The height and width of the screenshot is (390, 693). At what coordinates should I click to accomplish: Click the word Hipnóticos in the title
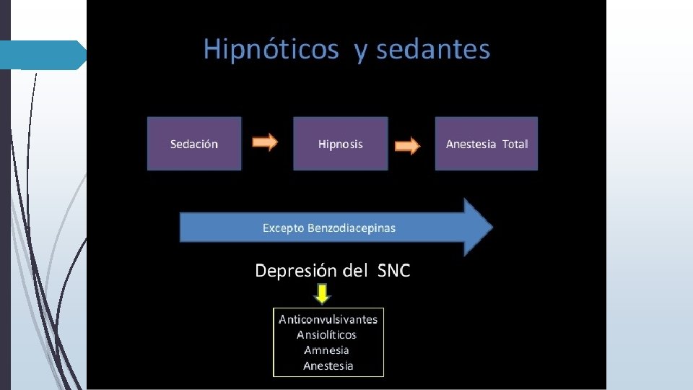[x=271, y=50]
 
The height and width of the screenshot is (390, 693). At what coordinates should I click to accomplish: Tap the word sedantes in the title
[x=433, y=50]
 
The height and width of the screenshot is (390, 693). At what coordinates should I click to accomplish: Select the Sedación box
[x=194, y=144]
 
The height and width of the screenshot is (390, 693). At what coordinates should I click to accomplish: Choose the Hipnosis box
[x=340, y=144]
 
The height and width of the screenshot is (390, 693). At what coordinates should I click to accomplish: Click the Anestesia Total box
[x=486, y=144]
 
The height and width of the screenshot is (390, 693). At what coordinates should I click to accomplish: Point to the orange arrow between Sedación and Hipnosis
[x=264, y=143]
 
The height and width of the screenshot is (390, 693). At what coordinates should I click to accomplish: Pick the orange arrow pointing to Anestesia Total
[x=407, y=146]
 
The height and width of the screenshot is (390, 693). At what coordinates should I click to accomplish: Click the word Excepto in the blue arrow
[x=283, y=228]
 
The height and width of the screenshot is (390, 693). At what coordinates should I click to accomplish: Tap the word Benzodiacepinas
[x=352, y=228]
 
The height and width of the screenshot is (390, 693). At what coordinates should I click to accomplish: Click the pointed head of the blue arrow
[x=478, y=227]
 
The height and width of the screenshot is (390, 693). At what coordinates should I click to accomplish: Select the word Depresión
[x=296, y=271]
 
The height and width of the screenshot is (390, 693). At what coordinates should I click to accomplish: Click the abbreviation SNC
[x=393, y=271]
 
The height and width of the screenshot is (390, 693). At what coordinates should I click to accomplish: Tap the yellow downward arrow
[x=322, y=293]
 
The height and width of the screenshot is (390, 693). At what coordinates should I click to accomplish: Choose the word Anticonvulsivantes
[x=328, y=319]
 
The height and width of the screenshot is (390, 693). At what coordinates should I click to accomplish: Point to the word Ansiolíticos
[x=327, y=334]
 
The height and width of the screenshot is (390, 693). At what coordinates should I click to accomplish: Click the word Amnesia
[x=326, y=350]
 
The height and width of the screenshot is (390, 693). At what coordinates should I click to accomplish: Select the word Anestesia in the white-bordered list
[x=328, y=365]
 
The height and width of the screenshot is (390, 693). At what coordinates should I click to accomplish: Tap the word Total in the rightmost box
[x=515, y=144]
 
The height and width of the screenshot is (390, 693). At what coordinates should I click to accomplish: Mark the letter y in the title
[x=359, y=52]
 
